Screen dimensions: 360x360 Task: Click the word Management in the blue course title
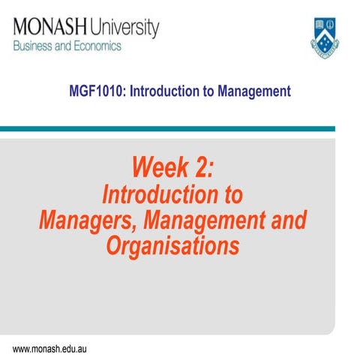tap(250, 92)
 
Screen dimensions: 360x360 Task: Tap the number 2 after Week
tap(204, 166)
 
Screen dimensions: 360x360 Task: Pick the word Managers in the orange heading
tap(89, 221)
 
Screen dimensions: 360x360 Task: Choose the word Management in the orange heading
tap(211, 221)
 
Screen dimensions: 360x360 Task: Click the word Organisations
tap(172, 246)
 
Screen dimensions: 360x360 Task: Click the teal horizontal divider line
tap(180, 128)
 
